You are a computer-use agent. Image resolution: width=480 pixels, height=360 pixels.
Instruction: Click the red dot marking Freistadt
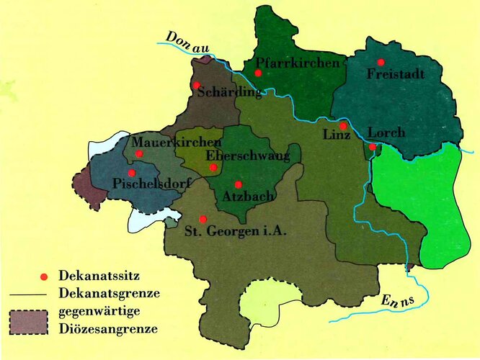tap(381, 62)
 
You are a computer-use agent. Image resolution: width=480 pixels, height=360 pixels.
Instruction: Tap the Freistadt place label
tap(396, 74)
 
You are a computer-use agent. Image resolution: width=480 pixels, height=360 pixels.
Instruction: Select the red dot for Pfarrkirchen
tap(257, 73)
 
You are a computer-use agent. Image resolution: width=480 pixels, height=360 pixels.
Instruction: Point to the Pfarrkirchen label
tap(297, 64)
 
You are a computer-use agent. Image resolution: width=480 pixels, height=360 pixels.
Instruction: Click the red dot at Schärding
tap(196, 85)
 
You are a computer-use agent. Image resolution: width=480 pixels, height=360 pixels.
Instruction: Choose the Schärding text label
tap(227, 92)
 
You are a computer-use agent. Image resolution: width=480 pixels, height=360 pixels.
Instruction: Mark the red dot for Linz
tap(343, 126)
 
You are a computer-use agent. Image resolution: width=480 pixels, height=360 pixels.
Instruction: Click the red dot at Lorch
tap(372, 147)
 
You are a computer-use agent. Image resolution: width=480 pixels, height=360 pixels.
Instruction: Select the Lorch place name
tap(386, 133)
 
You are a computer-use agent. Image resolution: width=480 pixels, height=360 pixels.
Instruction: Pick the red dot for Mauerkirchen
tap(138, 153)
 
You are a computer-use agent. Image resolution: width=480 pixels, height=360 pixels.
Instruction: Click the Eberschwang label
tap(248, 156)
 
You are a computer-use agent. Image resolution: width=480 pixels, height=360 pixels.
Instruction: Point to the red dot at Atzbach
tap(238, 184)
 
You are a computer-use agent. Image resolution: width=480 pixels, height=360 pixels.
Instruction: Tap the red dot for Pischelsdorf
tap(131, 173)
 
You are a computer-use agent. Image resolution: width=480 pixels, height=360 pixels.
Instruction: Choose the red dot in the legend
tap(44, 276)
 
